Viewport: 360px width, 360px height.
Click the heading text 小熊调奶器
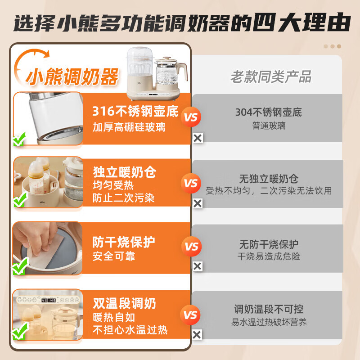point(72,77)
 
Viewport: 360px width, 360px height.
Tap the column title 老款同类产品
point(271,76)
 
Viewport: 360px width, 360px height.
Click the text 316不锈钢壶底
point(135,111)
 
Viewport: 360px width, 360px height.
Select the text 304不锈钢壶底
point(269,112)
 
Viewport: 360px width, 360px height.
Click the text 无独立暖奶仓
point(269,179)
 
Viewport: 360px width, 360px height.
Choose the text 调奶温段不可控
point(269,309)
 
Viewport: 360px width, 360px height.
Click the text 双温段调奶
point(124,303)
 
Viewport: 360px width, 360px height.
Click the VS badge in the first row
point(191,118)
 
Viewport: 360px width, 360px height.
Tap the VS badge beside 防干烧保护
point(191,247)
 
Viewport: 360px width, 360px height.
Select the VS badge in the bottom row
point(191,315)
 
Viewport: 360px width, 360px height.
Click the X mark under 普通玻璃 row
point(197,138)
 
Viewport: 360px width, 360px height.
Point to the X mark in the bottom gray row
point(197,334)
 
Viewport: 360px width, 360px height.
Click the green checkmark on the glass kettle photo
point(19,140)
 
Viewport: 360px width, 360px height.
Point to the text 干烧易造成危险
point(269,256)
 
